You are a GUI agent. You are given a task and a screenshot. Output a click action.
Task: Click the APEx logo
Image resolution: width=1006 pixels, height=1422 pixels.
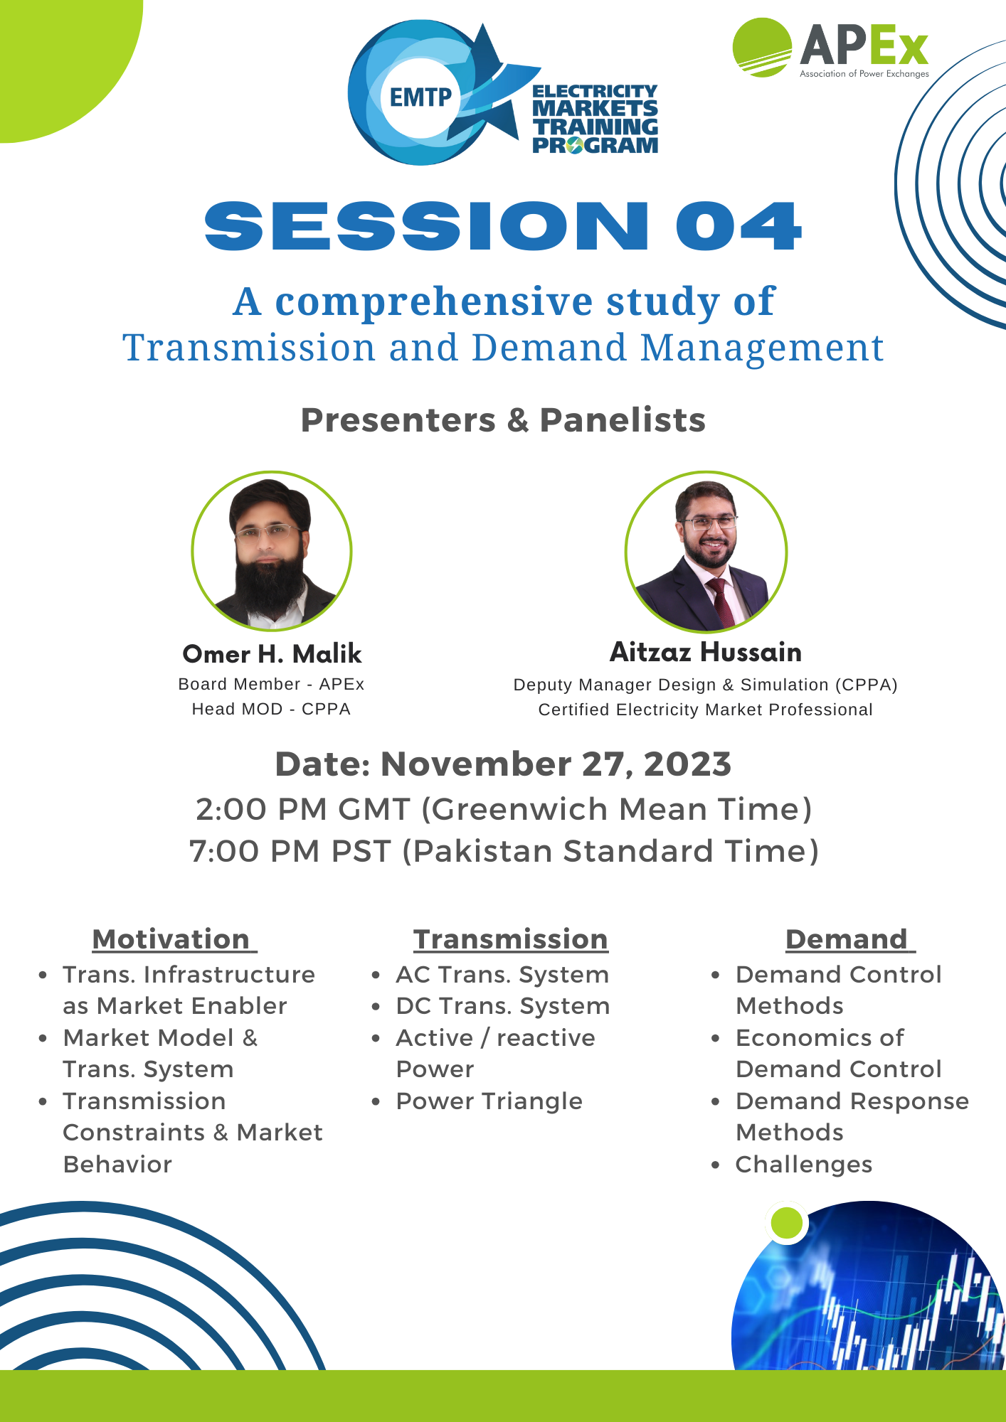coord(831,48)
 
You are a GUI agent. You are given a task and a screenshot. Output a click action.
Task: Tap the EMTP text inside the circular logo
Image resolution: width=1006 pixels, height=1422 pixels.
coord(420,97)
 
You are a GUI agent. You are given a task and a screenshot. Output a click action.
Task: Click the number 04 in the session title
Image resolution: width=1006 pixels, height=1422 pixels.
coord(738,226)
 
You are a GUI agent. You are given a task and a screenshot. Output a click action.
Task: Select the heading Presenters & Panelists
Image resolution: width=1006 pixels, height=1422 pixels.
coord(503,420)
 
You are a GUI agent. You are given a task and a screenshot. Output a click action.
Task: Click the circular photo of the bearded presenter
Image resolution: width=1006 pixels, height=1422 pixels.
coord(272,551)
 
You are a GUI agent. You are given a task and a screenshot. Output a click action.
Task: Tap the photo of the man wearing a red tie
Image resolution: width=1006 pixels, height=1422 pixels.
coord(706,552)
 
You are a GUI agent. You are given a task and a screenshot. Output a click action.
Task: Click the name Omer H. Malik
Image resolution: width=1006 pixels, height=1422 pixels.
coord(272,654)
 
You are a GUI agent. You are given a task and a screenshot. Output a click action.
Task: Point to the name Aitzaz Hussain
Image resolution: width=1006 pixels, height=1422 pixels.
coord(706,652)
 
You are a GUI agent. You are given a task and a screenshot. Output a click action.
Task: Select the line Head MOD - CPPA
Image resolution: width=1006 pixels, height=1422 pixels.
coord(271,709)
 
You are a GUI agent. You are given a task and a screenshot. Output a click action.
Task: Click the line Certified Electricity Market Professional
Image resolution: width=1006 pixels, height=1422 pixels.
coord(705,710)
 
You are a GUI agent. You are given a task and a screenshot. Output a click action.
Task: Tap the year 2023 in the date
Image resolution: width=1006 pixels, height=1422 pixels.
coord(687,764)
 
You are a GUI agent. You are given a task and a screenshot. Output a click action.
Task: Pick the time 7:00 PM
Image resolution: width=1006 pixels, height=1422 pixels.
coord(255,851)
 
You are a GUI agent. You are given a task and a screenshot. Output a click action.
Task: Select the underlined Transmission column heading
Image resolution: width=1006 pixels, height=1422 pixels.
coord(511,939)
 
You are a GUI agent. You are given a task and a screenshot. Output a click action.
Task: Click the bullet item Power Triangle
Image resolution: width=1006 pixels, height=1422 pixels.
coord(489,1101)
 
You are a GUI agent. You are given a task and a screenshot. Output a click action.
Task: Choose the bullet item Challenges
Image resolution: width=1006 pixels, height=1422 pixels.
coord(804,1165)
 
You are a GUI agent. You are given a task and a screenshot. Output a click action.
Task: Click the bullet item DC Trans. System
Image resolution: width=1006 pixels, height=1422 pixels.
coord(503,1006)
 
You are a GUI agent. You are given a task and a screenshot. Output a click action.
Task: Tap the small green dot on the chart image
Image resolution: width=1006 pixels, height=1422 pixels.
coord(787,1223)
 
